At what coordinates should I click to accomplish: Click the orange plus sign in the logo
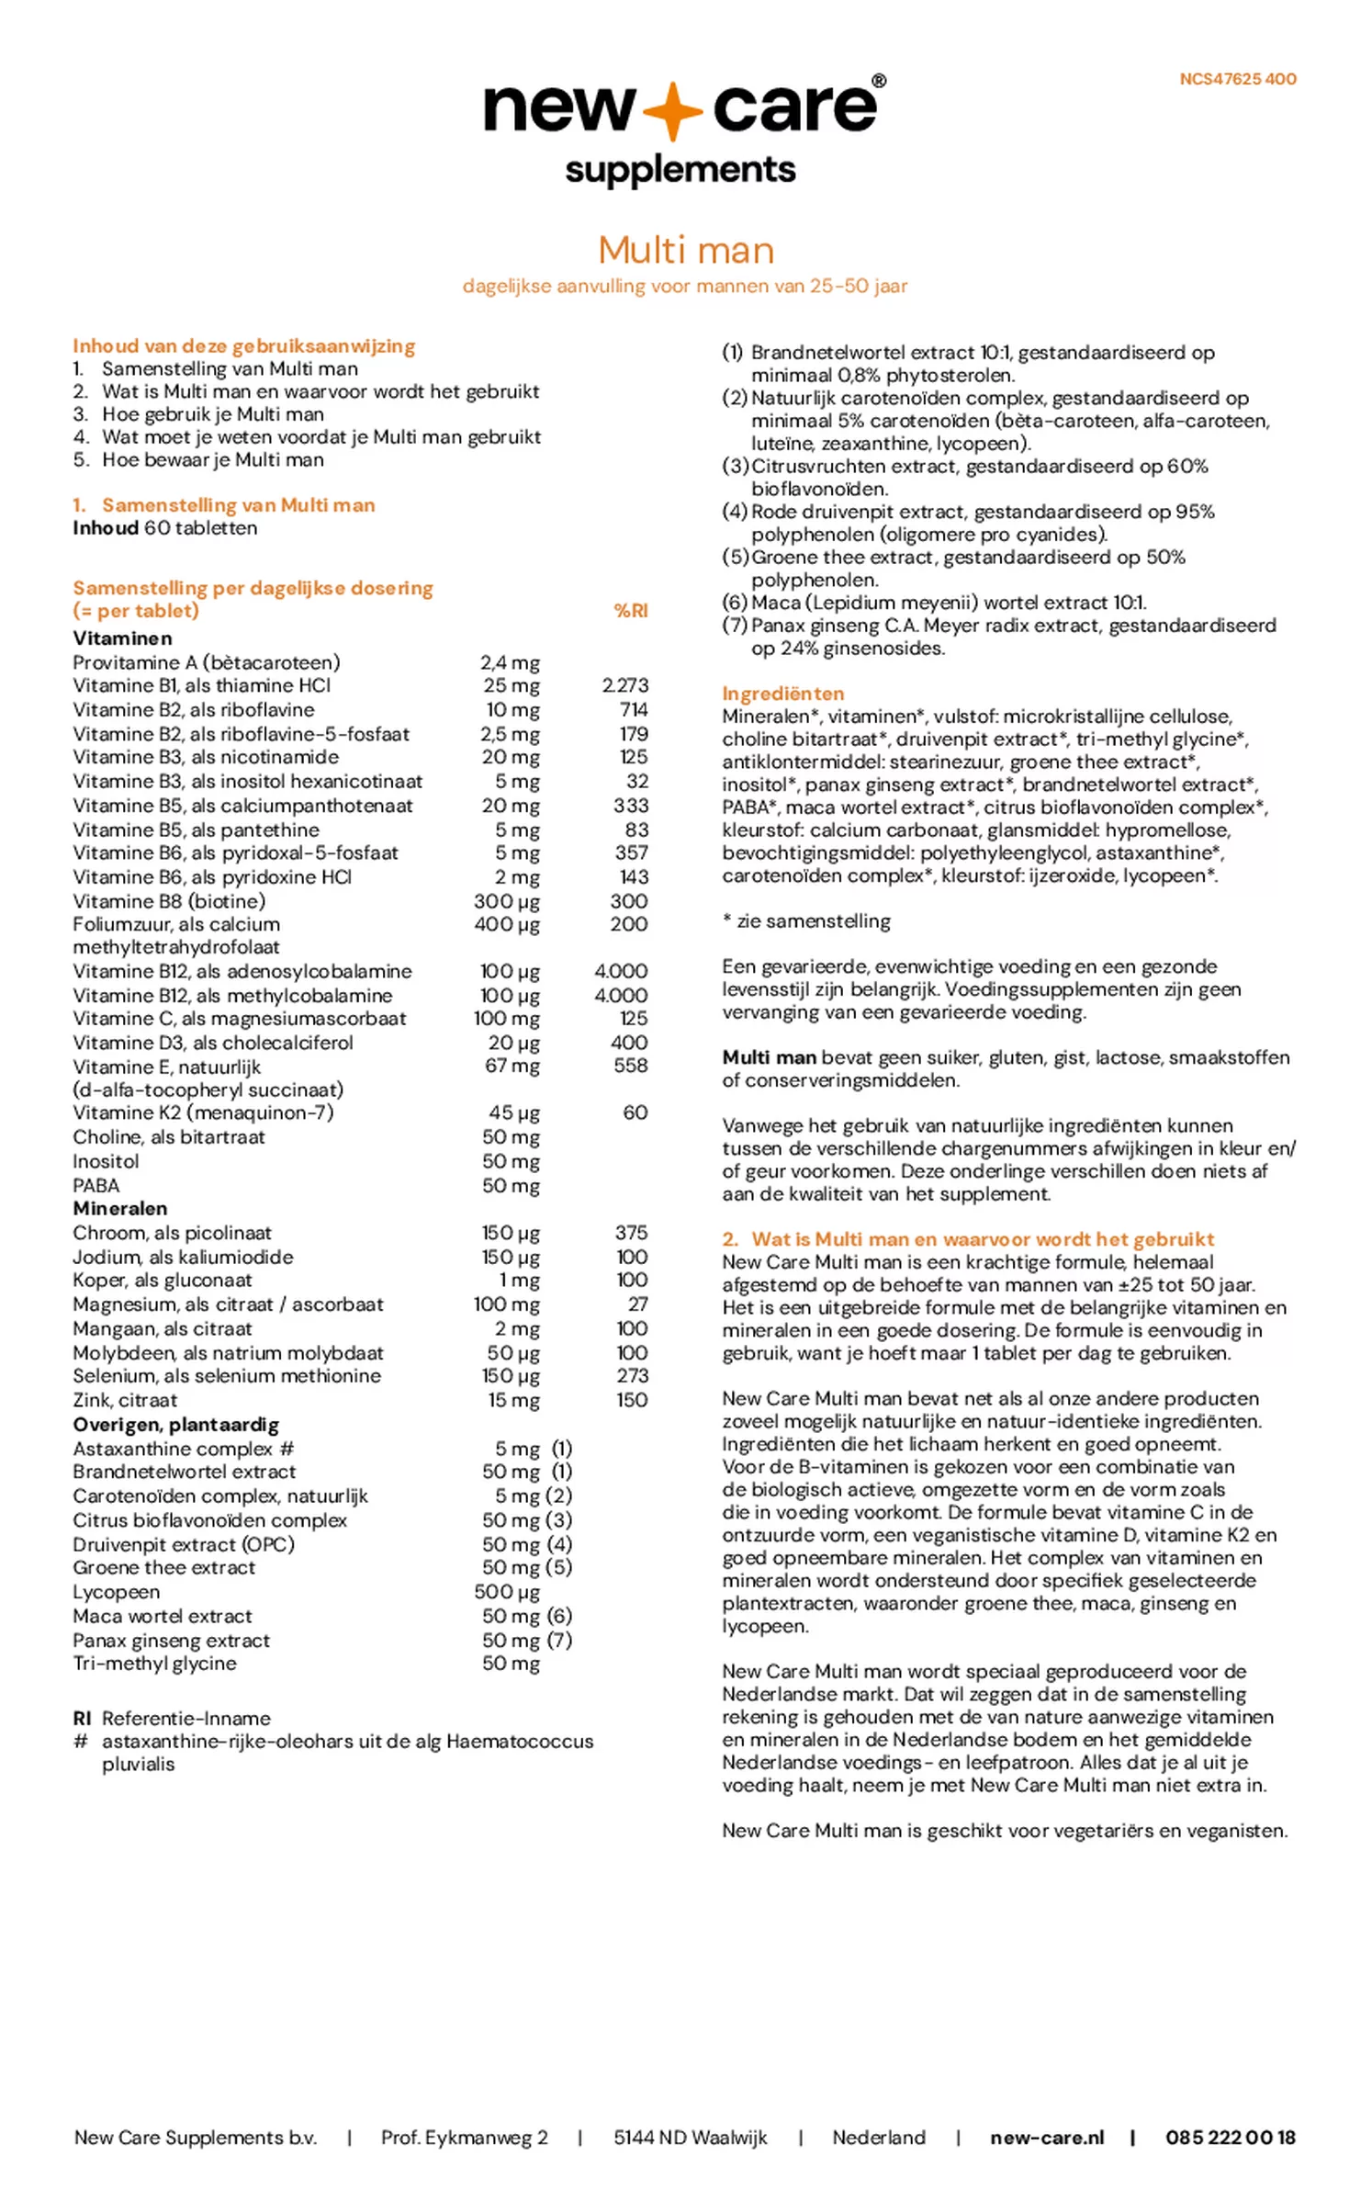coord(673,109)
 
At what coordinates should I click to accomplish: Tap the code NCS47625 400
coord(1237,79)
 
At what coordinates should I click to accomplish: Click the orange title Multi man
coord(685,250)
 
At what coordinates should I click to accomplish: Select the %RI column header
coord(630,610)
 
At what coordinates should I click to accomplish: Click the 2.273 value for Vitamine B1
coord(624,685)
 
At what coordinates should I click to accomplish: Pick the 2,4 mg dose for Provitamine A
coord(510,662)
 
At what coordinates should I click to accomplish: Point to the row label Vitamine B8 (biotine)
coord(169,901)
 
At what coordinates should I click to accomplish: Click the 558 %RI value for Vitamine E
coord(630,1066)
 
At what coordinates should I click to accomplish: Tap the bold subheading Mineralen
coord(120,1208)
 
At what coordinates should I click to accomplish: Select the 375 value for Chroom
coord(631,1232)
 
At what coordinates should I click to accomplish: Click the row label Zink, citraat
coord(125,1400)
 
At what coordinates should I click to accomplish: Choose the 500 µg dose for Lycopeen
coord(507,1592)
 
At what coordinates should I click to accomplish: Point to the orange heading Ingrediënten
coord(782,694)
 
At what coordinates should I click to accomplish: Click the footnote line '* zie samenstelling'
coord(805,920)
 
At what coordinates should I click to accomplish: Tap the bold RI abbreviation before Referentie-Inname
coord(82,1718)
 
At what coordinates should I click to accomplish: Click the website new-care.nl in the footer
coord(1046,2138)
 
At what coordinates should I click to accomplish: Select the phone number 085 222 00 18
coord(1230,2138)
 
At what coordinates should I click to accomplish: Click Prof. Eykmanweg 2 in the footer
coord(464,2138)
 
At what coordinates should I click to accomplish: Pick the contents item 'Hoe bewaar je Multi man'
coord(212,459)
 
